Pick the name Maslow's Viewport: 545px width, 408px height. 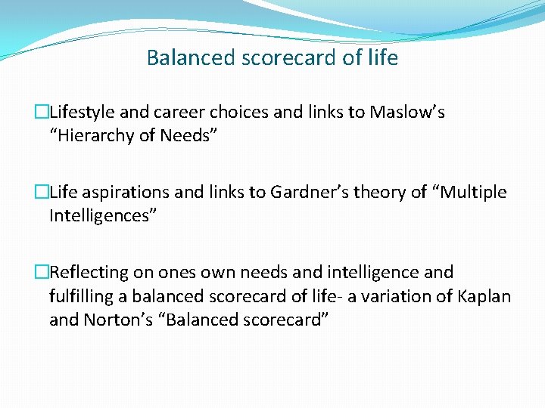tap(406, 113)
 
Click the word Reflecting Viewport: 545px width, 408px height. tap(90, 272)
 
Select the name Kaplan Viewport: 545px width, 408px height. tap(484, 296)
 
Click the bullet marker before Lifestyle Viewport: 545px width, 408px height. tap(42, 113)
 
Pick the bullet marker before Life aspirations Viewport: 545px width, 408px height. tap(42, 193)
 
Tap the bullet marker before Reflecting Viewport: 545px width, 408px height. tap(42, 273)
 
